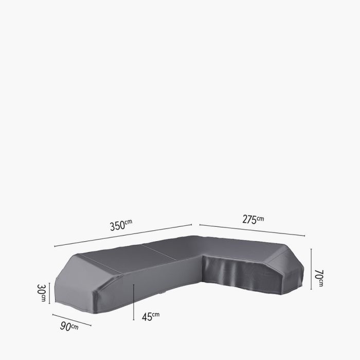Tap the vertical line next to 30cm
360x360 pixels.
tap(50, 294)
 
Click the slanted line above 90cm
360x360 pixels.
tap(71, 319)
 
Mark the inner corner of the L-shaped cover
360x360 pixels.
tap(204, 256)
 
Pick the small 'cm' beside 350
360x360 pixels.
tap(129, 222)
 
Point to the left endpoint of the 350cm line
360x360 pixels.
tap(54, 247)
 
